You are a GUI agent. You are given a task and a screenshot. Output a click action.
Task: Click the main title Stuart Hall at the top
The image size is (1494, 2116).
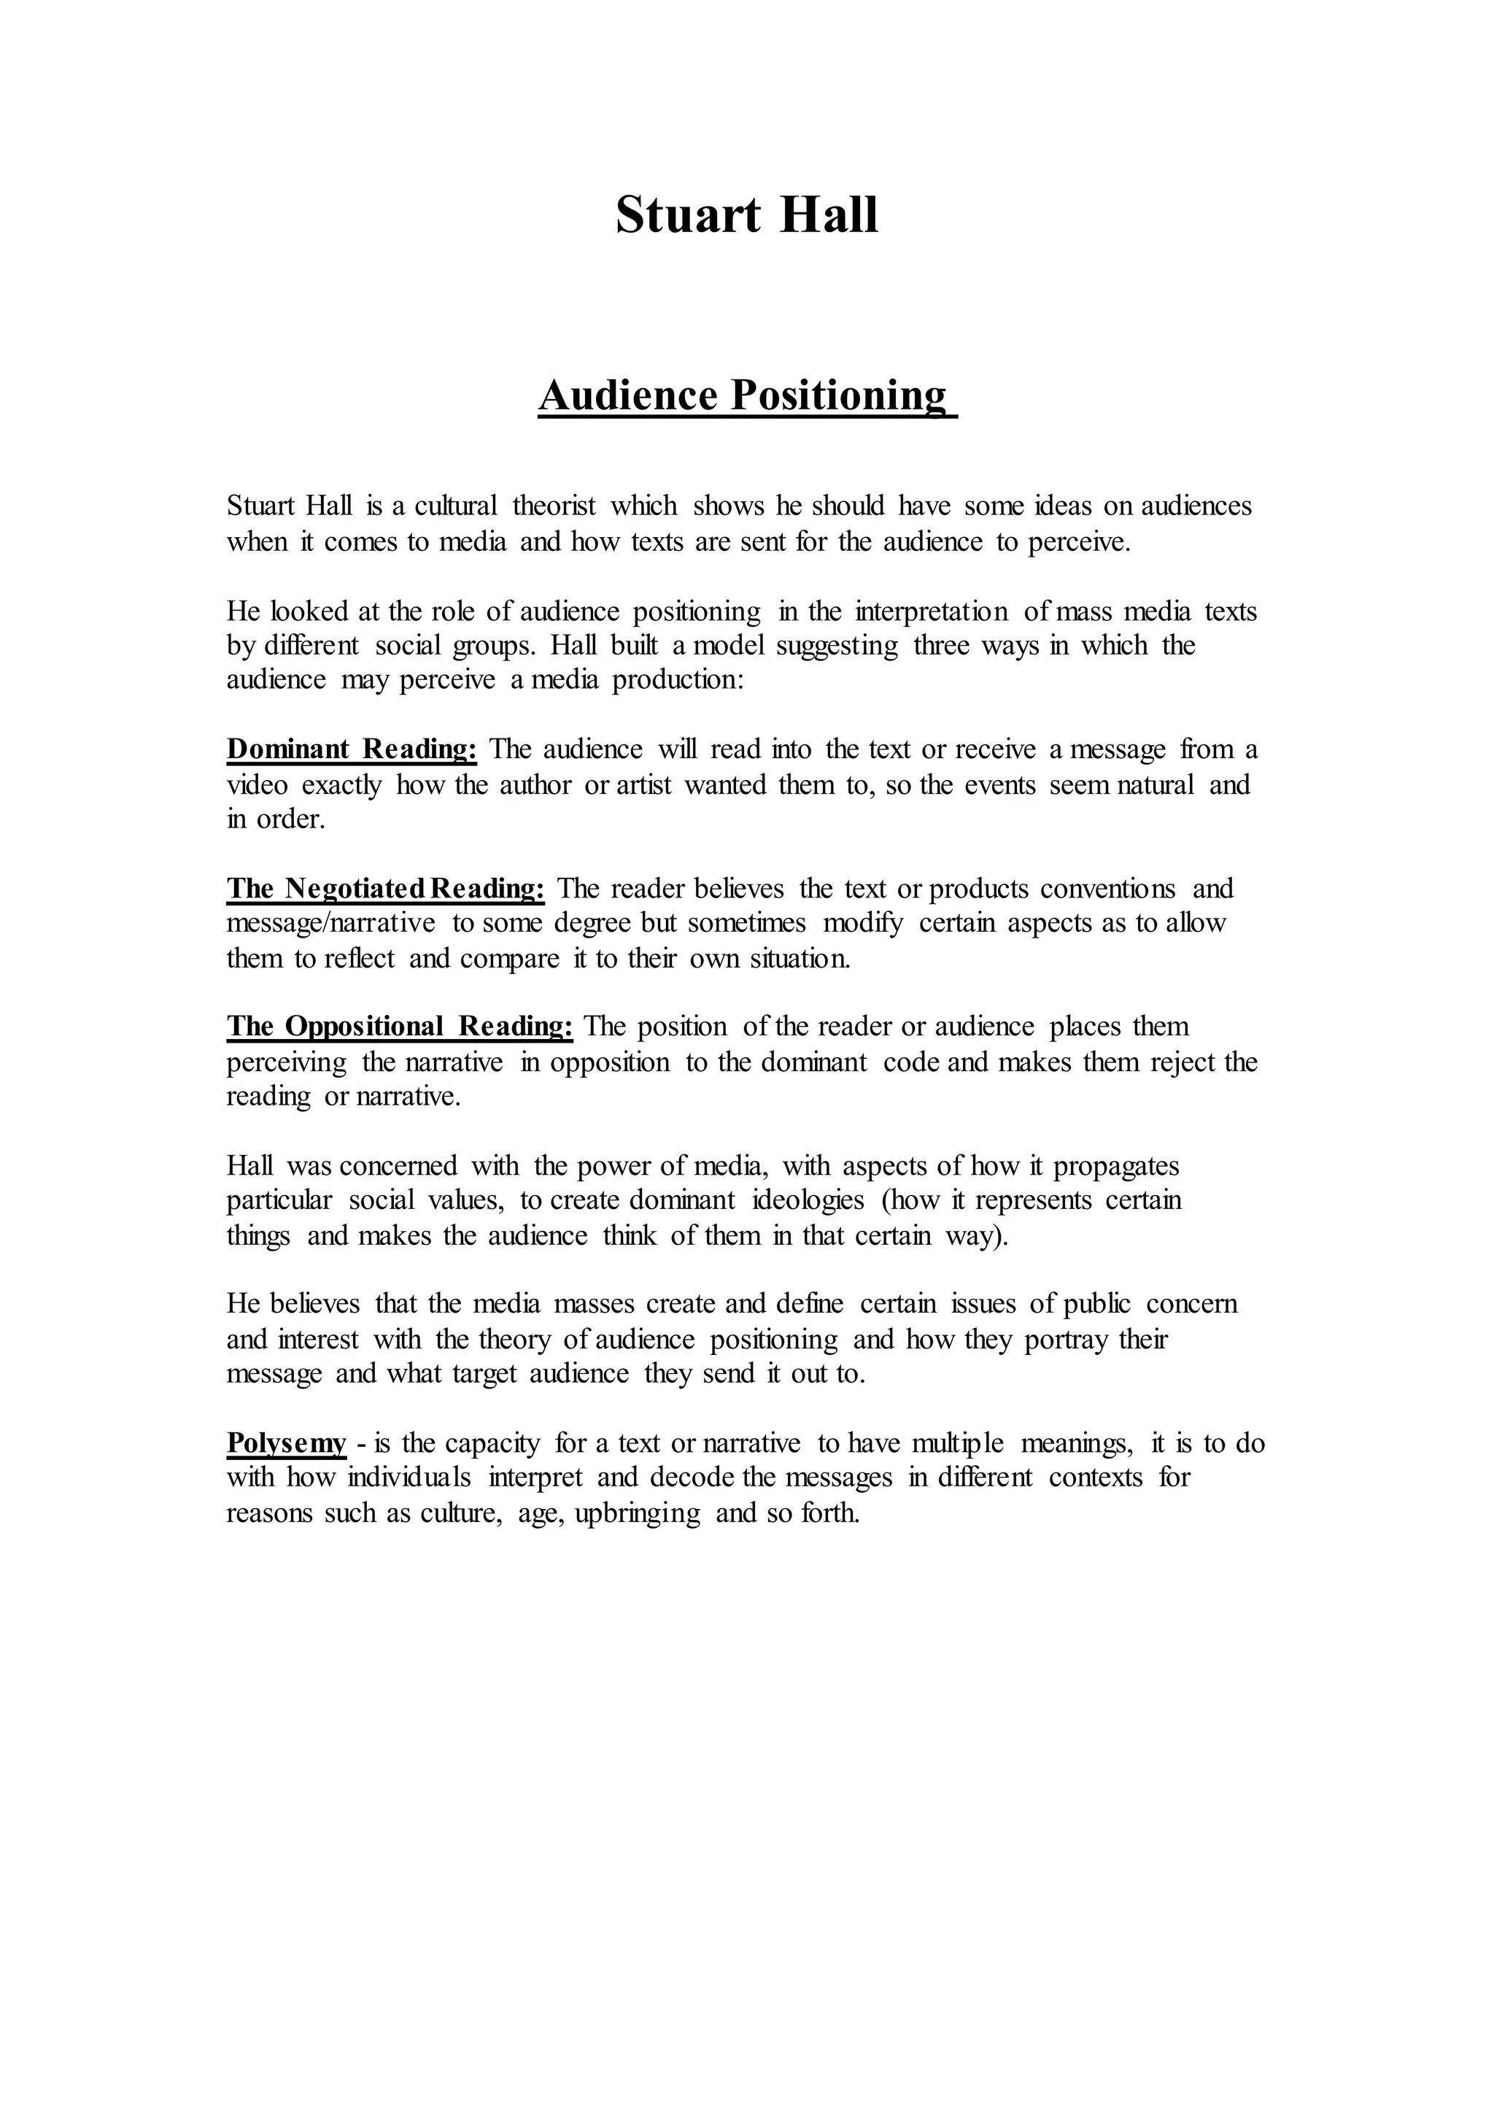[746, 216]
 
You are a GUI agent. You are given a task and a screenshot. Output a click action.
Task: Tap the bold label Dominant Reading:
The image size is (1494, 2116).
[351, 749]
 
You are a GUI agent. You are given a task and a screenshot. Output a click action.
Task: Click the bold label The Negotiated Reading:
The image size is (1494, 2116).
[385, 889]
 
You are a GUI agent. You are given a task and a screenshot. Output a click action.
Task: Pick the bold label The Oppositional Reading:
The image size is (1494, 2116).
[400, 1027]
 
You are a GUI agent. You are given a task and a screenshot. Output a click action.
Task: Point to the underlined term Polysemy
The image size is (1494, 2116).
[286, 1443]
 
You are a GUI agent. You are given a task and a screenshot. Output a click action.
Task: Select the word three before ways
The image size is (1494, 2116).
[941, 645]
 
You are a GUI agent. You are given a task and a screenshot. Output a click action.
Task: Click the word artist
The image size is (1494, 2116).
[644, 785]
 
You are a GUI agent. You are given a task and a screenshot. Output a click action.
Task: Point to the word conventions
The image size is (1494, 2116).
[1108, 889]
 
